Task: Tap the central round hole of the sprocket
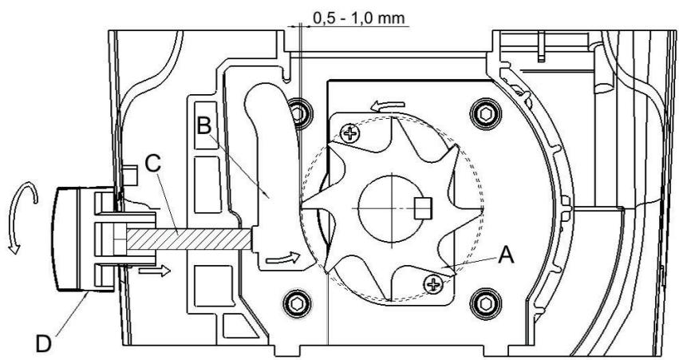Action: (x=391, y=205)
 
